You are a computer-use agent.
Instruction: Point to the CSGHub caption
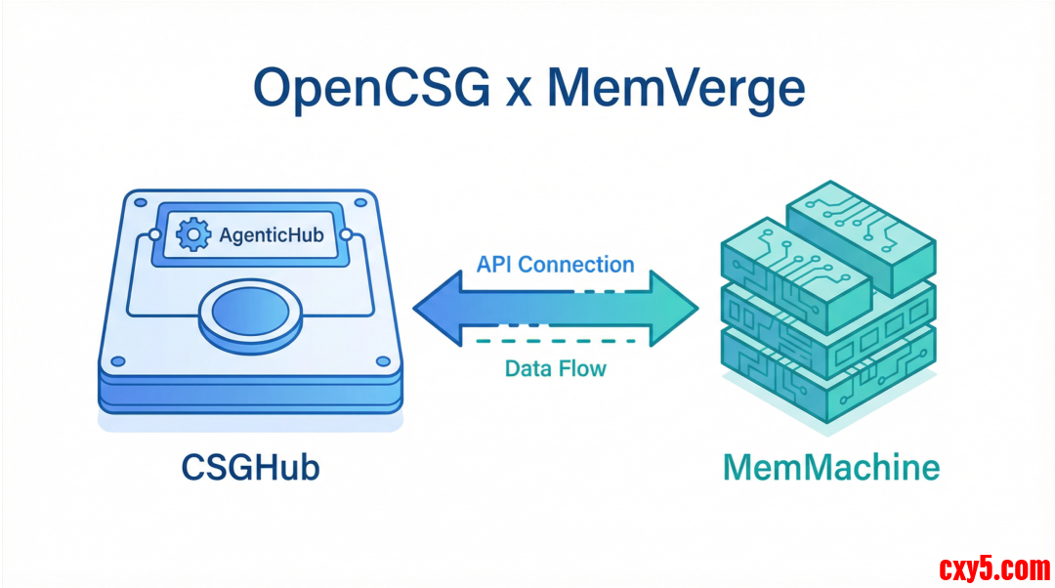coord(251,467)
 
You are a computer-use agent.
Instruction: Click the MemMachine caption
coord(831,467)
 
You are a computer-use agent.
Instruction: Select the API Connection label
coord(555,265)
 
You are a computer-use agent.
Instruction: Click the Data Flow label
coord(555,368)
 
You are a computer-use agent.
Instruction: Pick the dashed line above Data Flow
coord(555,341)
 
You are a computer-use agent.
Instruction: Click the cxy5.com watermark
coord(993,567)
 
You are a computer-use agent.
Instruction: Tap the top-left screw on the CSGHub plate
coord(140,205)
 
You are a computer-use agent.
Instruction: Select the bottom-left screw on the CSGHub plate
coord(117,361)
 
